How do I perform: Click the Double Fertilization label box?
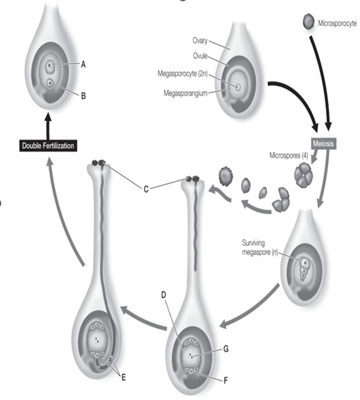(x=48, y=146)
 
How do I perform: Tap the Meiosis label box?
(x=323, y=143)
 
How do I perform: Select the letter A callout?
(x=83, y=65)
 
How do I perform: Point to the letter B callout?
(x=83, y=96)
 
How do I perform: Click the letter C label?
(x=146, y=190)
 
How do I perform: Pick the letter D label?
(x=164, y=295)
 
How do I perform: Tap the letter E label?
(x=123, y=378)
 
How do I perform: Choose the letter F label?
(x=225, y=381)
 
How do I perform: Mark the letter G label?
(x=226, y=348)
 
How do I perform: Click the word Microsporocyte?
(x=337, y=23)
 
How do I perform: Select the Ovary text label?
(x=200, y=41)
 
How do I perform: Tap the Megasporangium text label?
(x=186, y=93)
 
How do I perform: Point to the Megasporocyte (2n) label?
(x=183, y=74)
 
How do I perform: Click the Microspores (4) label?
(x=289, y=155)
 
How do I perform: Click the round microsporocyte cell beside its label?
(x=308, y=22)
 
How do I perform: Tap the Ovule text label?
(x=200, y=56)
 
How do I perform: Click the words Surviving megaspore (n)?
(x=260, y=248)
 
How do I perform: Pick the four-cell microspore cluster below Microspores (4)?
(x=304, y=175)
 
